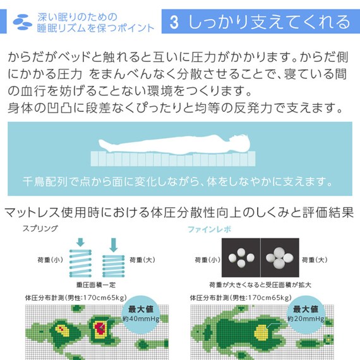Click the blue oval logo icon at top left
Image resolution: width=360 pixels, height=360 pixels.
pos(22,22)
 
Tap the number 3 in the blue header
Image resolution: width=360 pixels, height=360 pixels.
pos(174,23)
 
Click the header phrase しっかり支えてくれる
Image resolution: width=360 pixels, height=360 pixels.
pos(268,23)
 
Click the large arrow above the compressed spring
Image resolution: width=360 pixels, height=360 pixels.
pos(113,244)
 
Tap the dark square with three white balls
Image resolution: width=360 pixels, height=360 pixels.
pos(242,259)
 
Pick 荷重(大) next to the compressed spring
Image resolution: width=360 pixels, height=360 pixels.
pos(140,260)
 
